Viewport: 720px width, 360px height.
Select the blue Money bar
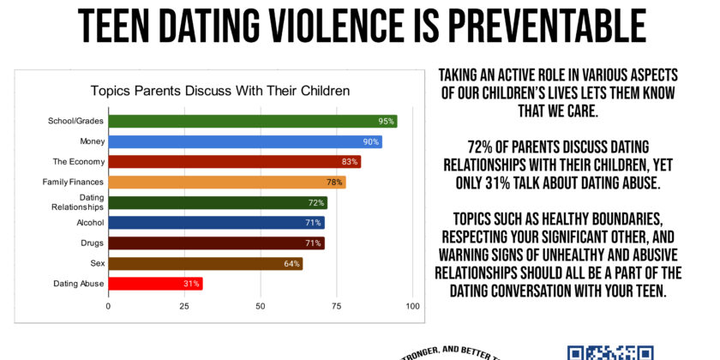244,141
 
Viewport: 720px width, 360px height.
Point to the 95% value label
387,122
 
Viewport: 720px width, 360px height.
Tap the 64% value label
292,263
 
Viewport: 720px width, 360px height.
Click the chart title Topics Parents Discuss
221,91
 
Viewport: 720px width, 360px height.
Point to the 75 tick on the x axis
338,306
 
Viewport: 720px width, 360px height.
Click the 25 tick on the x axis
184,306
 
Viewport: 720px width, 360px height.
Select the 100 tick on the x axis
413,306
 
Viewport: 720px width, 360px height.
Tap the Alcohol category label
91,223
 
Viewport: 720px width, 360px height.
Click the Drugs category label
93,243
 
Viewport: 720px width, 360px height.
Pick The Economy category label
79,161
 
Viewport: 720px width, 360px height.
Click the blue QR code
610,352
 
